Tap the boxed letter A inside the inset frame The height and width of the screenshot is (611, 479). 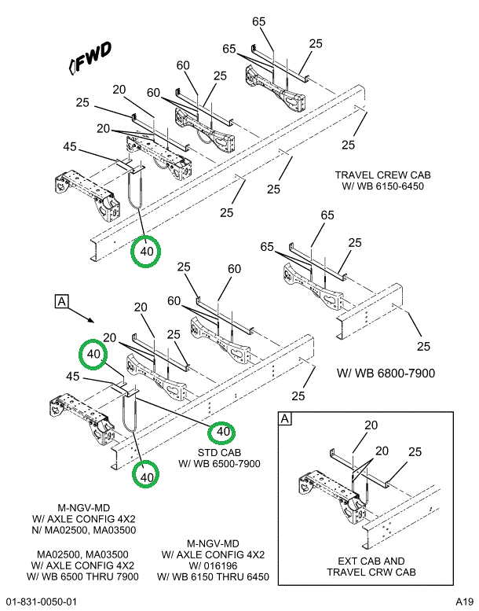click(284, 420)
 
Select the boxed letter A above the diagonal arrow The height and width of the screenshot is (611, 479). click(60, 300)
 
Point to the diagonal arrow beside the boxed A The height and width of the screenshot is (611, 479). click(82, 315)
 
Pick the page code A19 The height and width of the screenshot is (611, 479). click(464, 602)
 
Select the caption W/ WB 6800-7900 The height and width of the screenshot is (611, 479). click(386, 372)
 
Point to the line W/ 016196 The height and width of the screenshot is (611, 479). click(214, 566)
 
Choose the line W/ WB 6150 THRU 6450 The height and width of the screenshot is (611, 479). click(214, 577)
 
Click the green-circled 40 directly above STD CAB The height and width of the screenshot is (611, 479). click(222, 431)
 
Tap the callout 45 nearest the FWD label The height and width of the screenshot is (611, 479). click(70, 146)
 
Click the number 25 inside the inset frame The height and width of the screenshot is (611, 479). click(415, 452)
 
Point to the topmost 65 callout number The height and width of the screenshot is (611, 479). click(259, 21)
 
